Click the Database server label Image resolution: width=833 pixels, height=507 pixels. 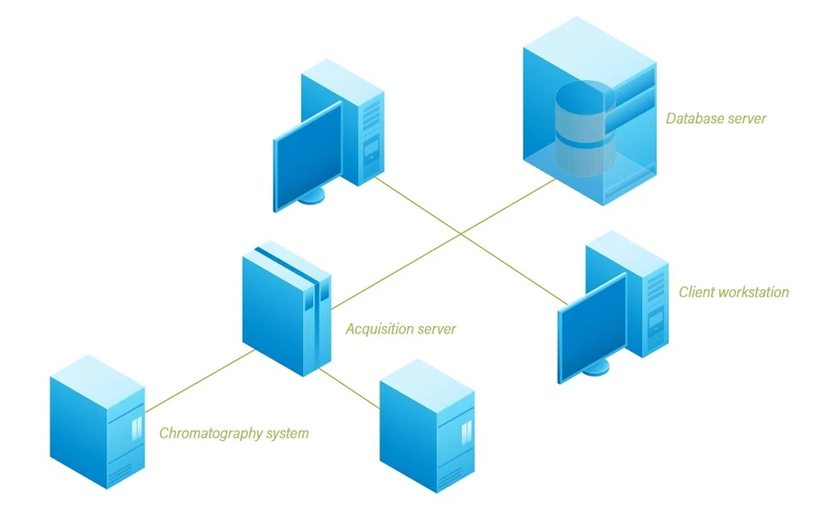715,118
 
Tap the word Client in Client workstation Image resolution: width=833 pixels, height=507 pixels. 696,292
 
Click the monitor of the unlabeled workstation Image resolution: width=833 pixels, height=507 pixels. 309,156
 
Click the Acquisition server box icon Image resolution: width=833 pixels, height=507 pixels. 285,308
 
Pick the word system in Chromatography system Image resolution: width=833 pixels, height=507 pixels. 286,433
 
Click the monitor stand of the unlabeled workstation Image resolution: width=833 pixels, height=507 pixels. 313,196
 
